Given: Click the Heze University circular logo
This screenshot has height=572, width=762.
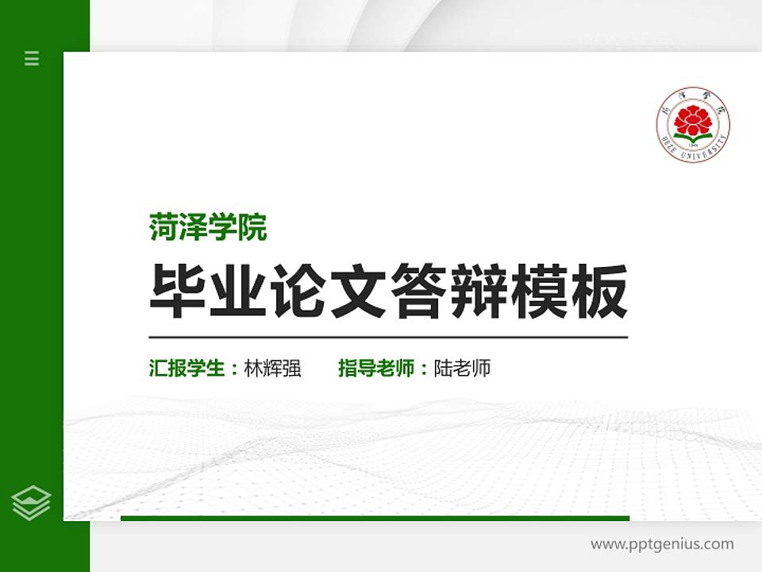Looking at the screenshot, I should [693, 125].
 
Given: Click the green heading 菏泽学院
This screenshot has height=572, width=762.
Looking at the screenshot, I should [208, 228].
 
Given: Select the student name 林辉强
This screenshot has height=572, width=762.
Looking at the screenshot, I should [273, 369].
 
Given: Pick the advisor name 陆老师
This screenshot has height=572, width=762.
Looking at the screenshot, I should [463, 369].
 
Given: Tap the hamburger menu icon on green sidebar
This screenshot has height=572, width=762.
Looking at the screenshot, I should [32, 58].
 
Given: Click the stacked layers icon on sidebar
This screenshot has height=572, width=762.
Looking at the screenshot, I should [32, 503].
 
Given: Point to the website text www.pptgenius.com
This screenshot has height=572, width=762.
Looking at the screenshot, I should [662, 544].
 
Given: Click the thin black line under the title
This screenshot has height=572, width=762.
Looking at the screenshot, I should [388, 338].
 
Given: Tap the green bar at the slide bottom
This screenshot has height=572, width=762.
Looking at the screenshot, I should [375, 518].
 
